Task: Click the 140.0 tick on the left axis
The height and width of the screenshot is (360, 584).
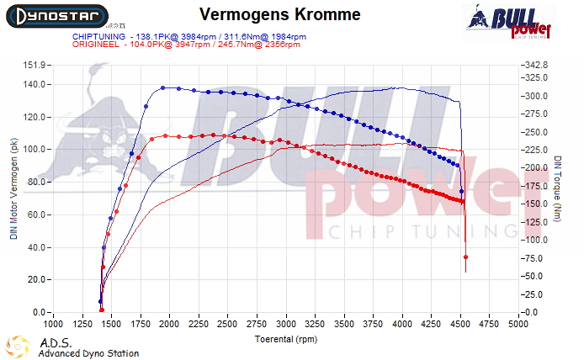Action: click(35, 84)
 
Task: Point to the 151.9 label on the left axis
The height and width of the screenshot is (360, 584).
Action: click(35, 65)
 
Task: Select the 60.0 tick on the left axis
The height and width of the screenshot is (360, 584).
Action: click(36, 215)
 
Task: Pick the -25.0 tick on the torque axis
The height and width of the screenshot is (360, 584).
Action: click(534, 294)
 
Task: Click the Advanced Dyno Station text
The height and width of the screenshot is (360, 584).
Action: click(88, 353)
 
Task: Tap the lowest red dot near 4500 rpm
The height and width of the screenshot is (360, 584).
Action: click(465, 257)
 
